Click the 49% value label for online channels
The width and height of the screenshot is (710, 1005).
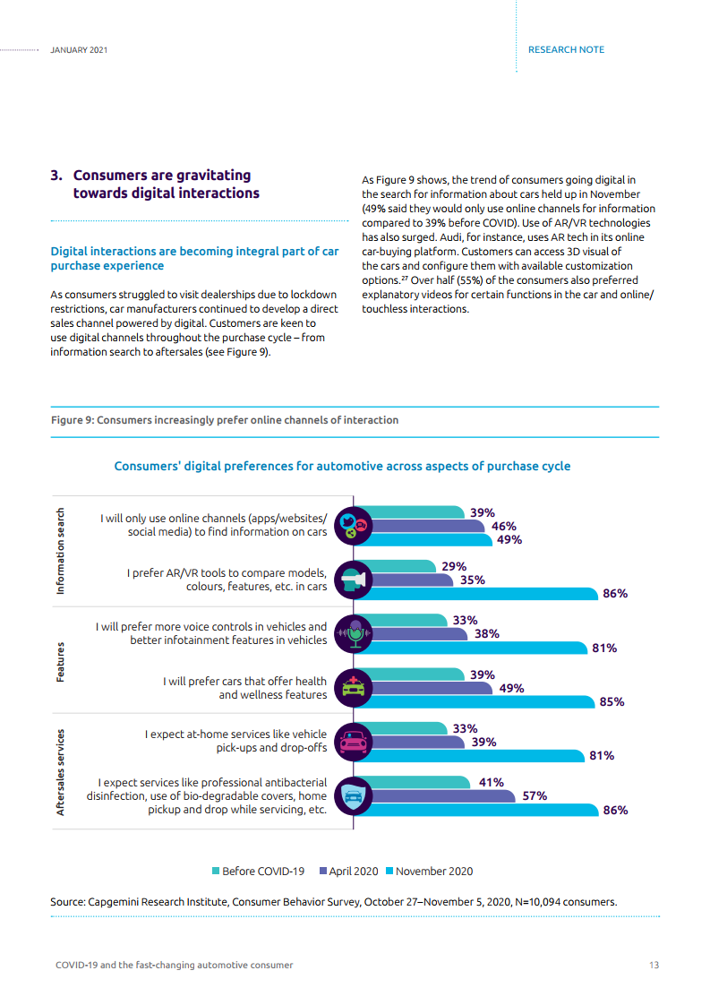click(x=509, y=540)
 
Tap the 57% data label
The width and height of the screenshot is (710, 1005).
click(x=535, y=795)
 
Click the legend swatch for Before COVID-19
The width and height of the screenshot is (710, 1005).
click(x=216, y=871)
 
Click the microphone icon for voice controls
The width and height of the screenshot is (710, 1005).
click(x=354, y=634)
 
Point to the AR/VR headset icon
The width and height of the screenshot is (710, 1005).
click(x=354, y=580)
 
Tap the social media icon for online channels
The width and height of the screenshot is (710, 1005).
click(x=354, y=527)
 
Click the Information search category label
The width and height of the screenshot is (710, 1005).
click(x=61, y=552)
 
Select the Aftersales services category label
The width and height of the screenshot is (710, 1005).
click(x=61, y=771)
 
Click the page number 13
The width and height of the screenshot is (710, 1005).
click(x=654, y=965)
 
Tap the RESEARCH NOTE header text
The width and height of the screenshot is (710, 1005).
click(x=566, y=49)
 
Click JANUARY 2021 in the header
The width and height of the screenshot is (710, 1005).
click(x=79, y=49)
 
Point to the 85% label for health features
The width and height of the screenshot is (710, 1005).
click(x=612, y=701)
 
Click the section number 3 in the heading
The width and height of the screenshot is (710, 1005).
click(x=56, y=176)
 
